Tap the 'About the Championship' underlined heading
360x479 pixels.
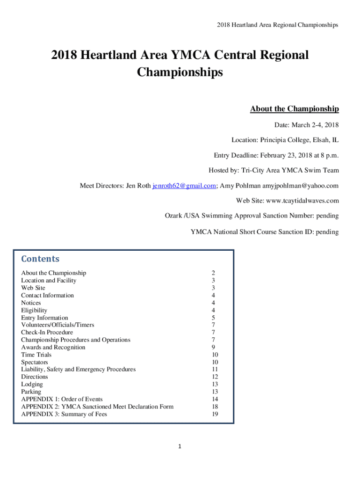294,109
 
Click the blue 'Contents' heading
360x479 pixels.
40,259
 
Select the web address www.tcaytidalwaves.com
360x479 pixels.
302,201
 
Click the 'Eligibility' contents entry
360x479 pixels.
34,310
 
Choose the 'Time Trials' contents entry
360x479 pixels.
36,355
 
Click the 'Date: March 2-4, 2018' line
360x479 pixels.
306,125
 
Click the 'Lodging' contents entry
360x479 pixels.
32,384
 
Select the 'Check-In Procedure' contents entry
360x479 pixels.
47,332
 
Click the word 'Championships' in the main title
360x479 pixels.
180,73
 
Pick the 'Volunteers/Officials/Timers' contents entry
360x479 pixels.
58,325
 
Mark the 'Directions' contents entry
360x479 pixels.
34,377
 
